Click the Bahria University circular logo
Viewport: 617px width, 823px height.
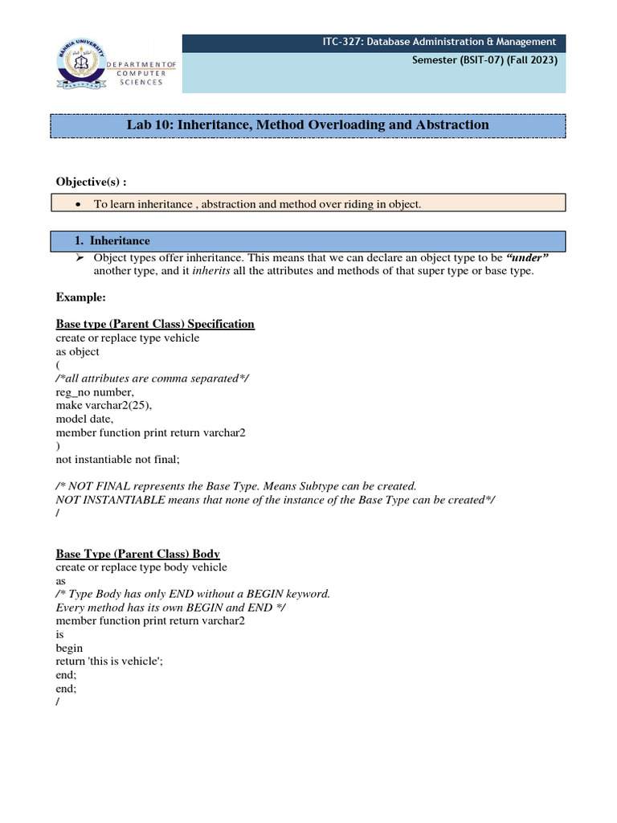[81, 63]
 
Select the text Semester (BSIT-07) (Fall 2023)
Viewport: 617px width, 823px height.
[484, 59]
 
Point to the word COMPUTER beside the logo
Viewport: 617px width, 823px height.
[141, 72]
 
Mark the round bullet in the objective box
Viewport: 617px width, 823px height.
[77, 205]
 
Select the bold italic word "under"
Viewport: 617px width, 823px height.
[527, 257]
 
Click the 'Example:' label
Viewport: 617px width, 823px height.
[80, 297]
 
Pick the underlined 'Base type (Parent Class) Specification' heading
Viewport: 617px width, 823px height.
[155, 324]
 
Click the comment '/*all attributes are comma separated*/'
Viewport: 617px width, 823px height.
[152, 378]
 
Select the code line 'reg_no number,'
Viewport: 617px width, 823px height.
[89, 391]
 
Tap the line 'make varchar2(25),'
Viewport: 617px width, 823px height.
[103, 405]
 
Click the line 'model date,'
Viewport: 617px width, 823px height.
[84, 419]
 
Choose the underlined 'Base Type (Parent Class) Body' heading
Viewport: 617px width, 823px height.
[137, 554]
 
